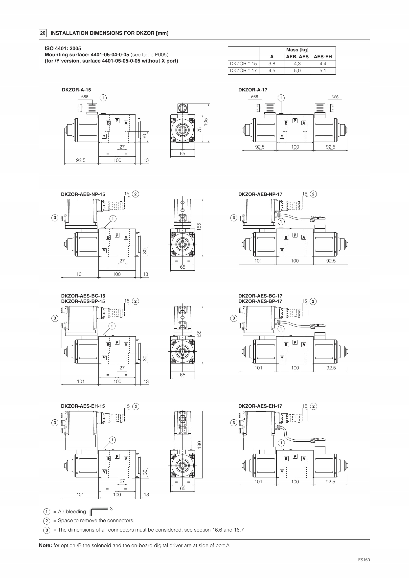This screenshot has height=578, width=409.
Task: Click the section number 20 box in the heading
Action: [x=43, y=33]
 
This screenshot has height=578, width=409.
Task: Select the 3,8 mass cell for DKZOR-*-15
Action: [x=272, y=64]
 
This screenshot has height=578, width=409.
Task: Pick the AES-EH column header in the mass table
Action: [x=323, y=57]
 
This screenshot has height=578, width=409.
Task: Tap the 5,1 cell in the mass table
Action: [x=323, y=71]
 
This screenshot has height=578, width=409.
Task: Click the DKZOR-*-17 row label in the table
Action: [x=243, y=71]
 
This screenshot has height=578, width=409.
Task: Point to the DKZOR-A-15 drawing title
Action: [x=76, y=90]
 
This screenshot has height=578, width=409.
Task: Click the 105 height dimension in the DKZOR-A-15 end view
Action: [x=206, y=122]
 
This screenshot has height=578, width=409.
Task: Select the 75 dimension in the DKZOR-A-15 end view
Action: [x=200, y=130]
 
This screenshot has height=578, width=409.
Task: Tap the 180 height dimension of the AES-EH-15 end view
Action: [x=200, y=445]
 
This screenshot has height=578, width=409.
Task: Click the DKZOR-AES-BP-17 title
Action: [x=260, y=301]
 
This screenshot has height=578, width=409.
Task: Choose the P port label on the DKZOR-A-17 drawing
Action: [x=295, y=121]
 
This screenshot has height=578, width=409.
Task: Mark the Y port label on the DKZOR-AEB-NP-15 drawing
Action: [x=104, y=251]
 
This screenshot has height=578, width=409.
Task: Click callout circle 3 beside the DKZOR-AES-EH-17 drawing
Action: [x=234, y=423]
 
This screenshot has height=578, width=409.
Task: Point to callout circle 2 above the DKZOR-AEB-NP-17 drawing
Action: [x=313, y=194]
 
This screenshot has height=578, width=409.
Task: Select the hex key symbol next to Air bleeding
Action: [x=99, y=511]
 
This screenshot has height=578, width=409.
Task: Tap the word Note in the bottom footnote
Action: [x=45, y=546]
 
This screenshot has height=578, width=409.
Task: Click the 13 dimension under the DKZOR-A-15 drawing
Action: [x=146, y=160]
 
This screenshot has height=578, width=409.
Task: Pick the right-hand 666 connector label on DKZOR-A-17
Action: [x=335, y=97]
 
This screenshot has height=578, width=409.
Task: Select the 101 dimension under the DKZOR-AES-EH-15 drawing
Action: [x=80, y=495]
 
